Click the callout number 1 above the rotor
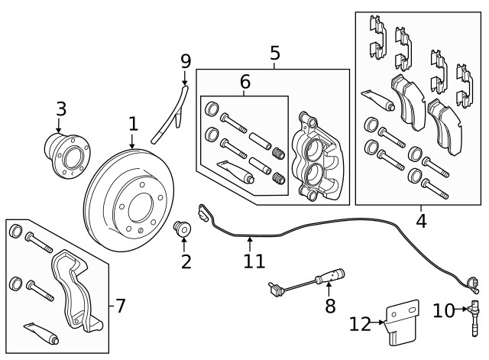click(x=133, y=124)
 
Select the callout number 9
click(x=185, y=60)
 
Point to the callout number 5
click(x=275, y=54)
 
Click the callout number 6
click(x=244, y=81)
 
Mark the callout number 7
click(x=120, y=306)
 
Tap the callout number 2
click(x=185, y=262)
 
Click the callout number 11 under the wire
click(x=254, y=261)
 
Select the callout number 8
click(x=330, y=306)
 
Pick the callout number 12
click(x=361, y=324)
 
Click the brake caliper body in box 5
click(x=316, y=157)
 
